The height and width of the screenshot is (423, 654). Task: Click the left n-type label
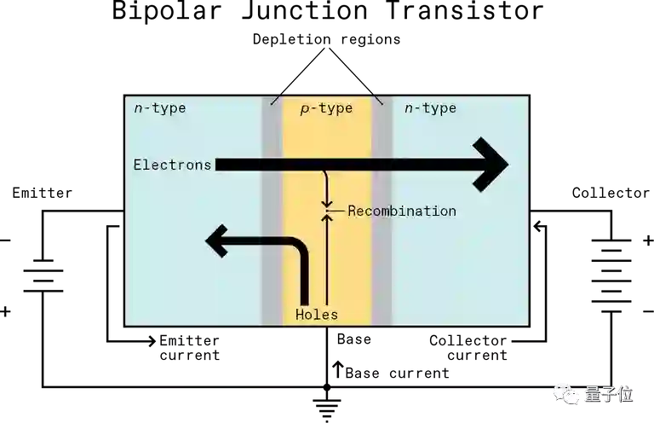click(160, 108)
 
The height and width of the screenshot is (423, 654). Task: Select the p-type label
click(326, 108)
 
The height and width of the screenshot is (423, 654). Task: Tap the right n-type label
click(430, 108)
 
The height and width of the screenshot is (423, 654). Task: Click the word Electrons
click(172, 165)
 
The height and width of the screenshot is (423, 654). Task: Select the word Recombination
click(402, 211)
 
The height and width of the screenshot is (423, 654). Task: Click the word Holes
click(317, 315)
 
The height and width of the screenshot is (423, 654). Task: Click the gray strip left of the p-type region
click(272, 256)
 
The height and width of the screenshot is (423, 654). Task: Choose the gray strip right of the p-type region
click(381, 256)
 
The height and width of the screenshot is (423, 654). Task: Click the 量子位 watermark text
click(608, 394)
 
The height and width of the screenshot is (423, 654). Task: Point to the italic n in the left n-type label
click(139, 109)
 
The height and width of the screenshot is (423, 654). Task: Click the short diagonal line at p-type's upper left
click(274, 100)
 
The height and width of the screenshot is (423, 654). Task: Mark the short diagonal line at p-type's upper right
click(379, 100)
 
